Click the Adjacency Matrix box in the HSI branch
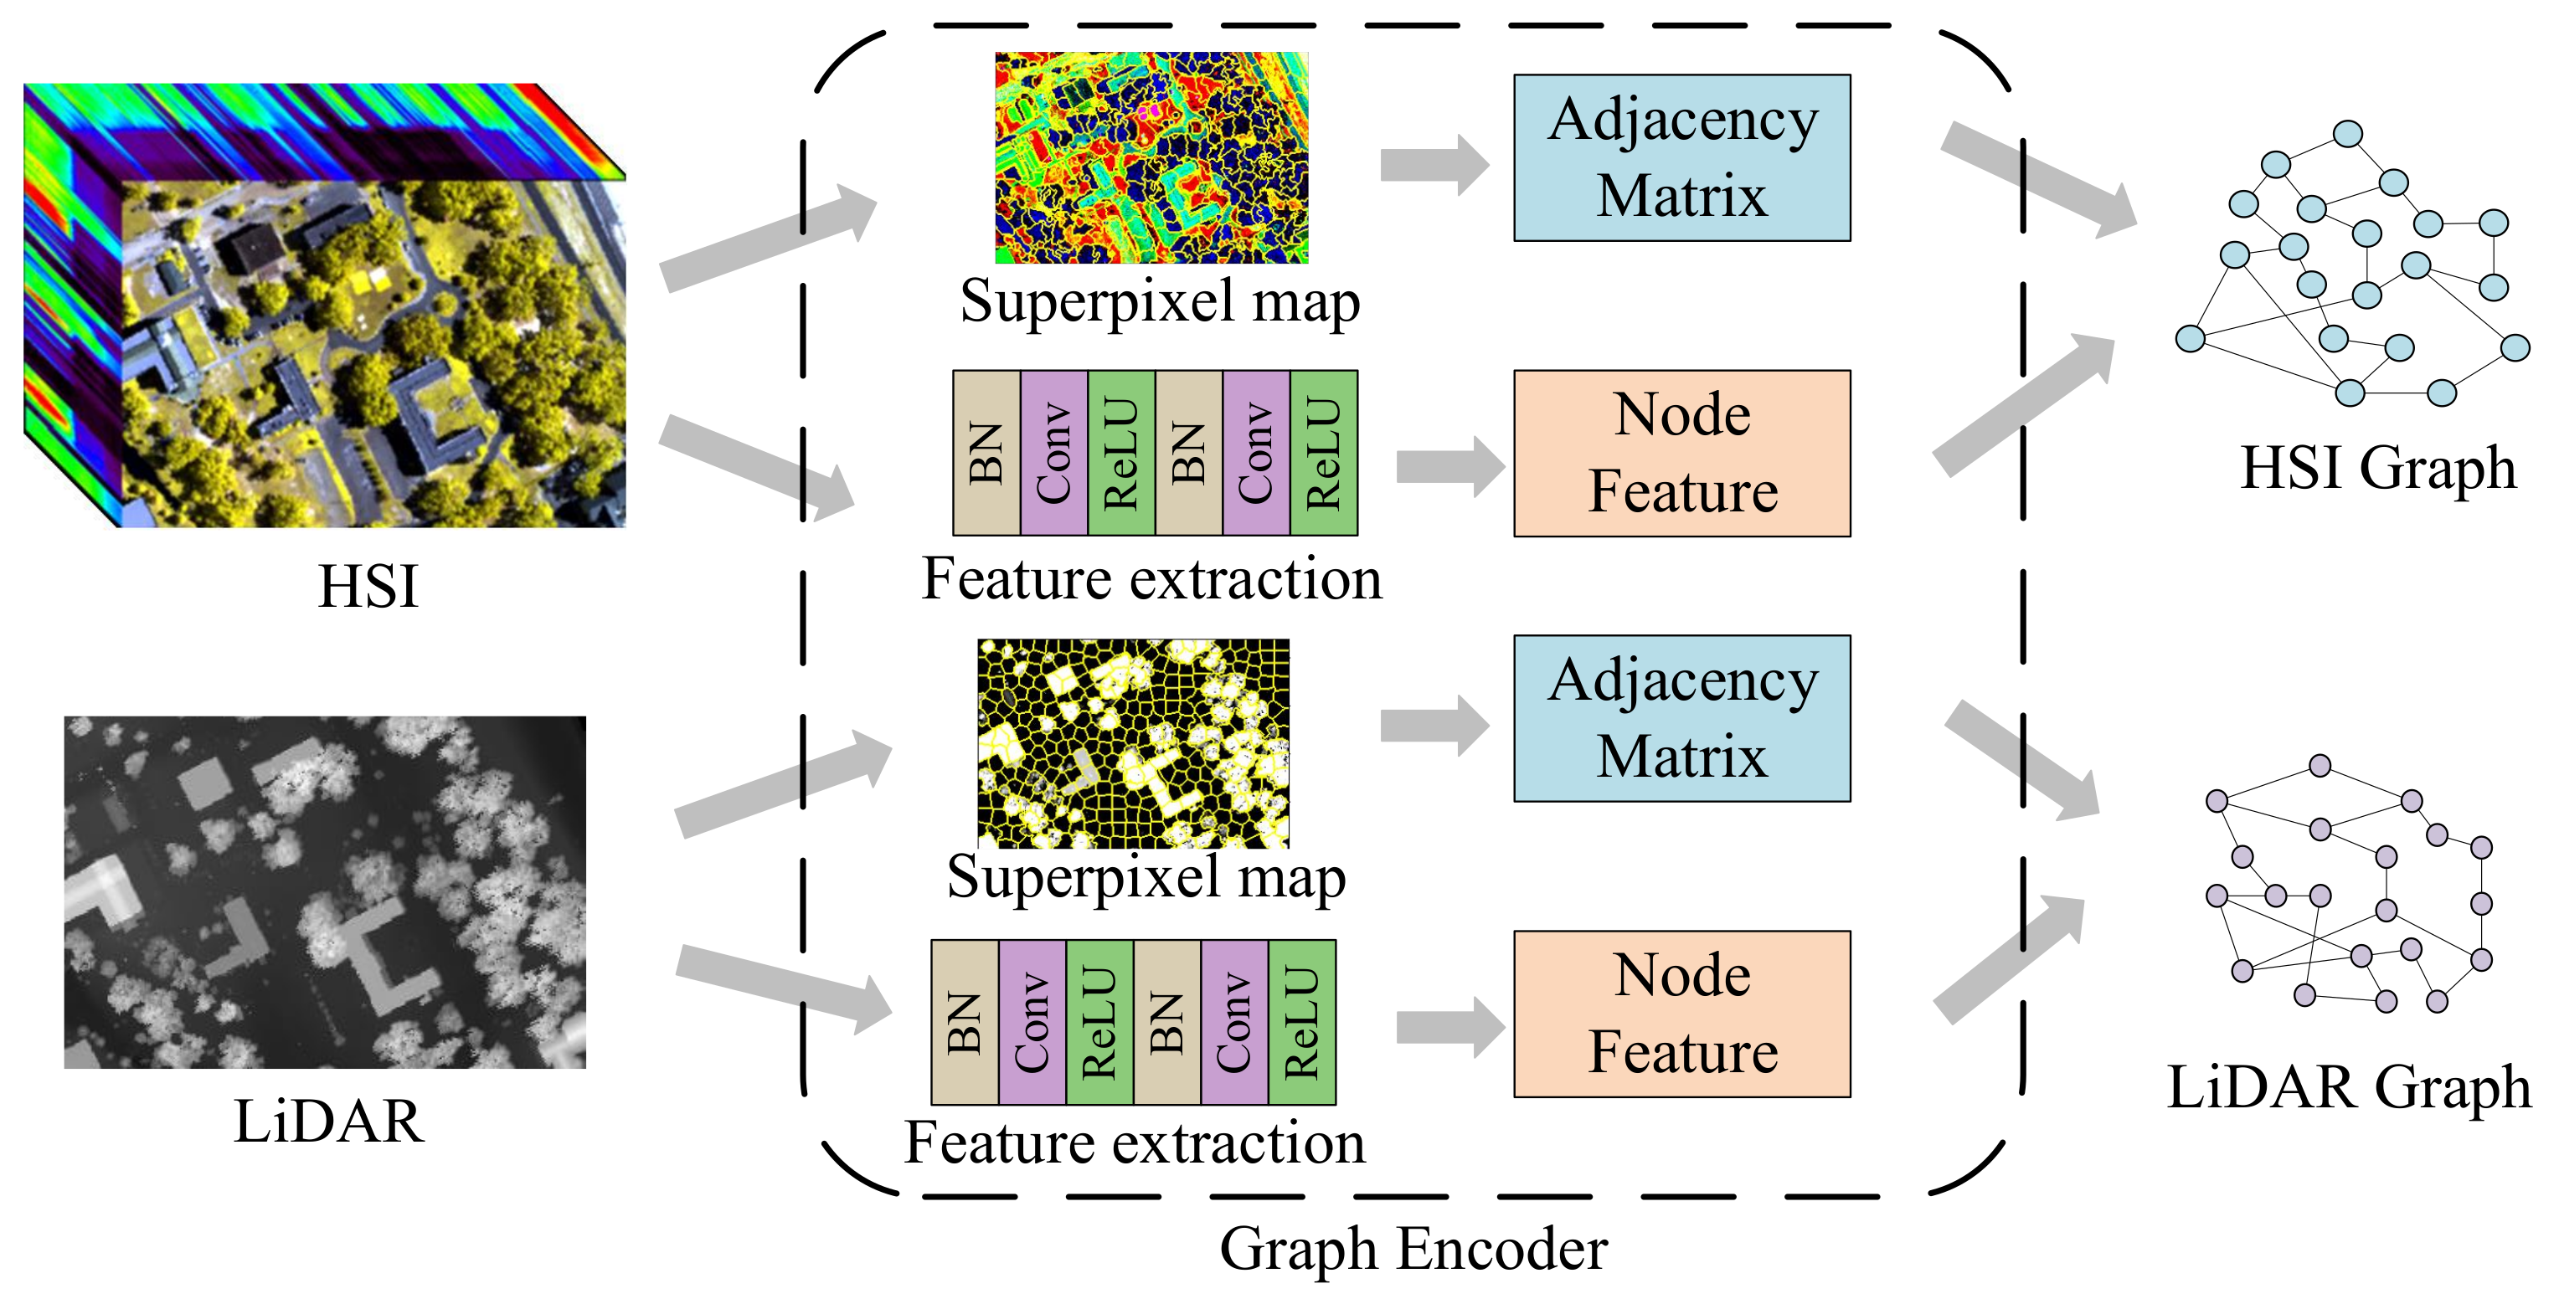click(1681, 157)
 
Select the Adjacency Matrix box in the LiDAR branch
click(1681, 718)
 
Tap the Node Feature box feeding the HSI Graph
click(1681, 453)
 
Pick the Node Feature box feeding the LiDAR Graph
click(1681, 1013)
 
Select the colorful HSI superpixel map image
click(1151, 157)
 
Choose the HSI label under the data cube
click(368, 586)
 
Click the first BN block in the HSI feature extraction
click(986, 453)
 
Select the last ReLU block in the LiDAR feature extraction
click(1301, 1022)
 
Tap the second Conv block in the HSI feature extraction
click(1256, 453)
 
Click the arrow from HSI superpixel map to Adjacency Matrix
click(1433, 164)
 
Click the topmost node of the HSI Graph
click(2347, 133)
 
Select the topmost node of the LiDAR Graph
click(2320, 765)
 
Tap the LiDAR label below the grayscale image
click(327, 1122)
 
